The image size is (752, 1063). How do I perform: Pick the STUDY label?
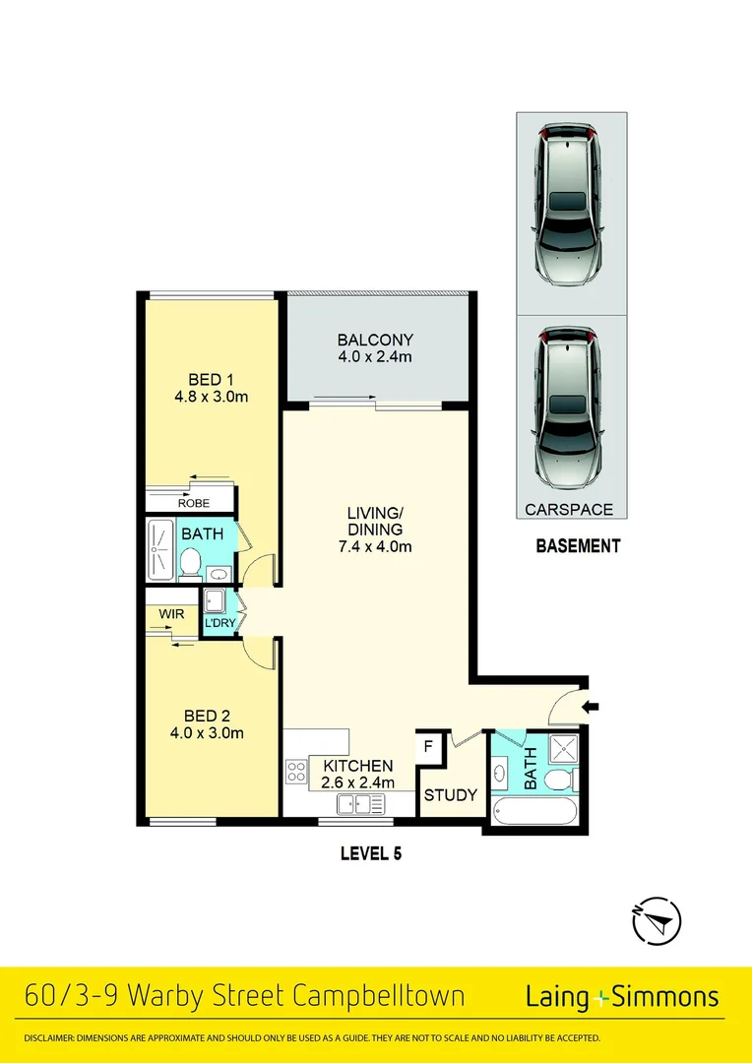(x=450, y=795)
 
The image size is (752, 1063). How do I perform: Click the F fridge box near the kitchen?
(x=428, y=747)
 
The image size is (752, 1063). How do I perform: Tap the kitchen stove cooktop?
(x=296, y=773)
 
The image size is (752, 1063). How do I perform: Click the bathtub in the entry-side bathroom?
(x=535, y=811)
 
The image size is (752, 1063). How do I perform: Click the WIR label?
(x=171, y=614)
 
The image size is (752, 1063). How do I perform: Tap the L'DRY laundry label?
(x=219, y=624)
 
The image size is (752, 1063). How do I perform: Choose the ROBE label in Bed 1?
(x=193, y=503)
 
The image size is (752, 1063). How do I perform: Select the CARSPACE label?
(x=569, y=510)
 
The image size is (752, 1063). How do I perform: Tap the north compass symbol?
(x=656, y=922)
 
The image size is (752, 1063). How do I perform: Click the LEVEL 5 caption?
(x=370, y=854)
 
